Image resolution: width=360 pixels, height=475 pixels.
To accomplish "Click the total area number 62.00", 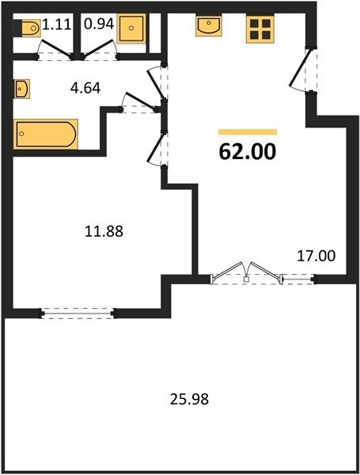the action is click(x=248, y=151).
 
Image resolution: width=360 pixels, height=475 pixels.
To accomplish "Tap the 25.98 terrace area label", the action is click(x=189, y=399).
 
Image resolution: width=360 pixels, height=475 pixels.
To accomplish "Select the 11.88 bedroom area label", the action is click(x=104, y=231).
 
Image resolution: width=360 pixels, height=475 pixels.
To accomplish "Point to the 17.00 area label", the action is click(x=316, y=256).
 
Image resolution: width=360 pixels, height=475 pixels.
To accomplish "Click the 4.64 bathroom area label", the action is click(x=85, y=88).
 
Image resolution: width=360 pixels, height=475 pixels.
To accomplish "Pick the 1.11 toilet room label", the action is click(x=57, y=25).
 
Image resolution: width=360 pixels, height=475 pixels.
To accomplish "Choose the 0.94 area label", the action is click(x=99, y=24).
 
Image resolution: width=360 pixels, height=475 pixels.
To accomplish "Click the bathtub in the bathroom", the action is click(x=46, y=134).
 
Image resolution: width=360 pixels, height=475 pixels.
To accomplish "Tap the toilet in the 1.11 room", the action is click(x=31, y=28).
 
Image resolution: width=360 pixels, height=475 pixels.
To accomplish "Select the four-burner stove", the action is click(x=260, y=28).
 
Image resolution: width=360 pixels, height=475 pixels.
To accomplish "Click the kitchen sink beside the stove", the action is click(x=208, y=26).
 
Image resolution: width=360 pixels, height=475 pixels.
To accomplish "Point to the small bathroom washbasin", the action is click(x=21, y=89).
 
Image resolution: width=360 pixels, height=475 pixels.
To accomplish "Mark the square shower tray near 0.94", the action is click(x=131, y=28).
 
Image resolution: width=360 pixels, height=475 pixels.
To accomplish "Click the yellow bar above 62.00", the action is click(x=248, y=131).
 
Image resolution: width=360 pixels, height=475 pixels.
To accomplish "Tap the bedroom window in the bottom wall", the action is click(x=78, y=313).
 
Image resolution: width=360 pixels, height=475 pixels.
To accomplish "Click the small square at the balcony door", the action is click(x=246, y=279).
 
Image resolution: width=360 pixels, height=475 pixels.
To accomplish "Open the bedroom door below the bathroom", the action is click(x=156, y=149).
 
